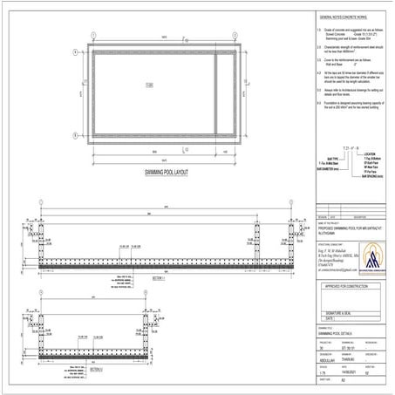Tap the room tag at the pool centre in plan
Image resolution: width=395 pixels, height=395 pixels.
point(148,85)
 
